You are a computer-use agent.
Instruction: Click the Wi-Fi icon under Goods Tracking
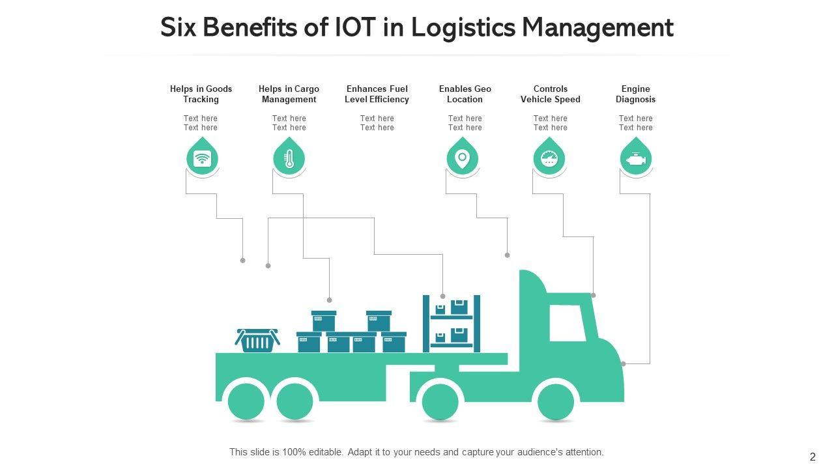tap(202, 158)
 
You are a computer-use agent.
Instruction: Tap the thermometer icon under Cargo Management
tap(289, 158)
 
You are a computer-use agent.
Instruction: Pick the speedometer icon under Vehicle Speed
tap(549, 158)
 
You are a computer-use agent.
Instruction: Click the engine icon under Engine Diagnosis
tap(636, 158)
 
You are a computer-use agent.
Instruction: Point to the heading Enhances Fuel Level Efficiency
tap(377, 94)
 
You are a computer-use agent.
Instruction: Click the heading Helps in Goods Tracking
tap(201, 94)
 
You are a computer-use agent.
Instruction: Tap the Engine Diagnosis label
tap(635, 94)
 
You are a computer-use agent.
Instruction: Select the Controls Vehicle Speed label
tap(550, 94)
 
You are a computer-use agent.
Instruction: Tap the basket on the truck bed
tap(257, 340)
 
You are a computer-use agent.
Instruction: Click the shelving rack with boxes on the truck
tap(452, 323)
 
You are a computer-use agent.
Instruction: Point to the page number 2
tap(812, 457)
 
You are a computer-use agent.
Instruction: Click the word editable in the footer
tap(319, 452)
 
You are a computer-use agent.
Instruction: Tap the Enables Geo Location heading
tap(465, 94)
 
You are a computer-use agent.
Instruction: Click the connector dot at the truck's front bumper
tap(624, 364)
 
